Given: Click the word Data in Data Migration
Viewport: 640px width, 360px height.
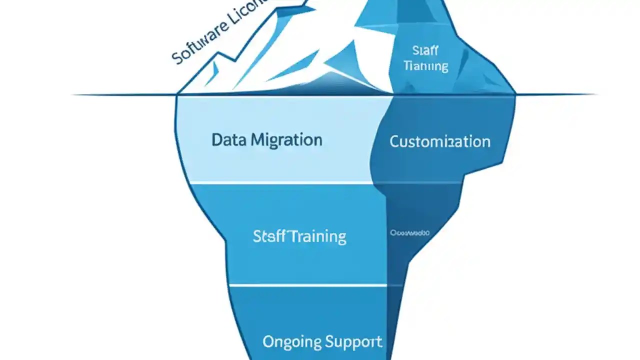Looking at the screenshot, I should (x=228, y=139).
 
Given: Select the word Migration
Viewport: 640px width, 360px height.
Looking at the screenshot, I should (x=286, y=140).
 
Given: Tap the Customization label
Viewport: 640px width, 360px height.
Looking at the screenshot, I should (x=439, y=141).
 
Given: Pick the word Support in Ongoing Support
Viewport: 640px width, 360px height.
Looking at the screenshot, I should (x=353, y=342).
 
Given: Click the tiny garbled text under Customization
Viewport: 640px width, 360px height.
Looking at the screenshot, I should (x=409, y=232).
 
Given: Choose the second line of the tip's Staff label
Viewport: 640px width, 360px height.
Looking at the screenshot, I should (x=425, y=66).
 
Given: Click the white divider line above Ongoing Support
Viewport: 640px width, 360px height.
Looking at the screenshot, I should (x=307, y=285).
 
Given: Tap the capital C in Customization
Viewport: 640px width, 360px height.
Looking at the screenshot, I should (x=394, y=141).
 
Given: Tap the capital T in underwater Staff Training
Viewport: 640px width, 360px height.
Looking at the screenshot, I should (x=290, y=236).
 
